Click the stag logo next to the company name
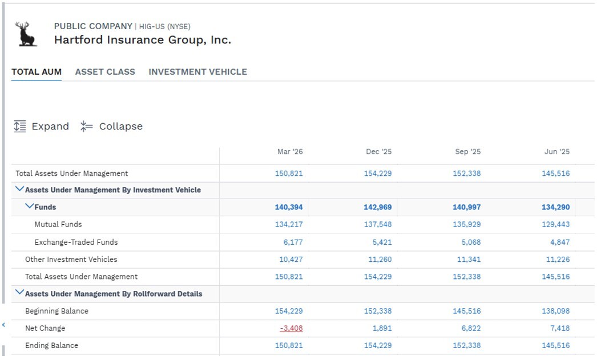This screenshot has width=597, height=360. click(26, 34)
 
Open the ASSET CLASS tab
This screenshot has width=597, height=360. click(105, 72)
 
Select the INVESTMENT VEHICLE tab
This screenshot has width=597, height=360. click(197, 72)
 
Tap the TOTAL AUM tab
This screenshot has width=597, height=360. click(37, 72)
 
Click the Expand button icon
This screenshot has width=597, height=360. click(20, 126)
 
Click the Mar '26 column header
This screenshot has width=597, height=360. click(290, 151)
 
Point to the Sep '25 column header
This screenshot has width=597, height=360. click(468, 151)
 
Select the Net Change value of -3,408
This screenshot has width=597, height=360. click(291, 328)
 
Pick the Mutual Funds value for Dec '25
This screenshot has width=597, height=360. click(378, 224)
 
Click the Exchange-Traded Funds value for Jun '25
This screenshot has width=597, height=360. click(560, 242)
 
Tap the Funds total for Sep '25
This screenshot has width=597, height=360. click(467, 207)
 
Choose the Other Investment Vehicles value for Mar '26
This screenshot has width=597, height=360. click(291, 259)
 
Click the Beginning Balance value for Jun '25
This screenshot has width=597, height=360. click(556, 311)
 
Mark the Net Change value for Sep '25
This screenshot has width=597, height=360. click(471, 328)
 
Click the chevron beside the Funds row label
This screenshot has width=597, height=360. click(29, 207)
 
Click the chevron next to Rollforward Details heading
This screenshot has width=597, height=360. click(19, 293)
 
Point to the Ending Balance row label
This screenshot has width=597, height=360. click(52, 345)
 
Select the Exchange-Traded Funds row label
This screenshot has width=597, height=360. click(76, 242)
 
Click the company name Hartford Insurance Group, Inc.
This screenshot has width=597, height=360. click(143, 40)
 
